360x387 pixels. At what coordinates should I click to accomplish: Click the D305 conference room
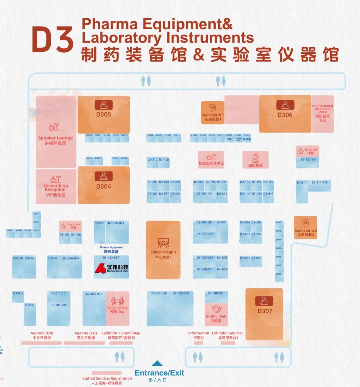103,114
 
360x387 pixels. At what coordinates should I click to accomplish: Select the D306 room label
285,115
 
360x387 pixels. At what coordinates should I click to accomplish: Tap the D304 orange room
103,186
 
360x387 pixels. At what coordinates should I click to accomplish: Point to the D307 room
265,311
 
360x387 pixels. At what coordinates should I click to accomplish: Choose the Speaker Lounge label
55,138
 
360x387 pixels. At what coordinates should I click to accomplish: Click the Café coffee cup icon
256,156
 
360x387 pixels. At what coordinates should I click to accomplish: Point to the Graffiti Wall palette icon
216,309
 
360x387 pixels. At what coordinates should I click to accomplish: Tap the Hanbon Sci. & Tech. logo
111,268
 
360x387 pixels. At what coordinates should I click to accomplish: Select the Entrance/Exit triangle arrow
157,363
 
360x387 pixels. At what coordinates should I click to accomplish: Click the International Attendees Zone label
323,109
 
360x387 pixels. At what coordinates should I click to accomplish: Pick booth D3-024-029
158,293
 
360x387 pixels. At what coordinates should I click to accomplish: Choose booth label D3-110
152,160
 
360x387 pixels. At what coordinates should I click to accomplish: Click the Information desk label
198,333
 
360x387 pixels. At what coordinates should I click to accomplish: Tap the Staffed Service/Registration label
107,378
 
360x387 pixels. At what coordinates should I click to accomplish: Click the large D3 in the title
53,40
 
